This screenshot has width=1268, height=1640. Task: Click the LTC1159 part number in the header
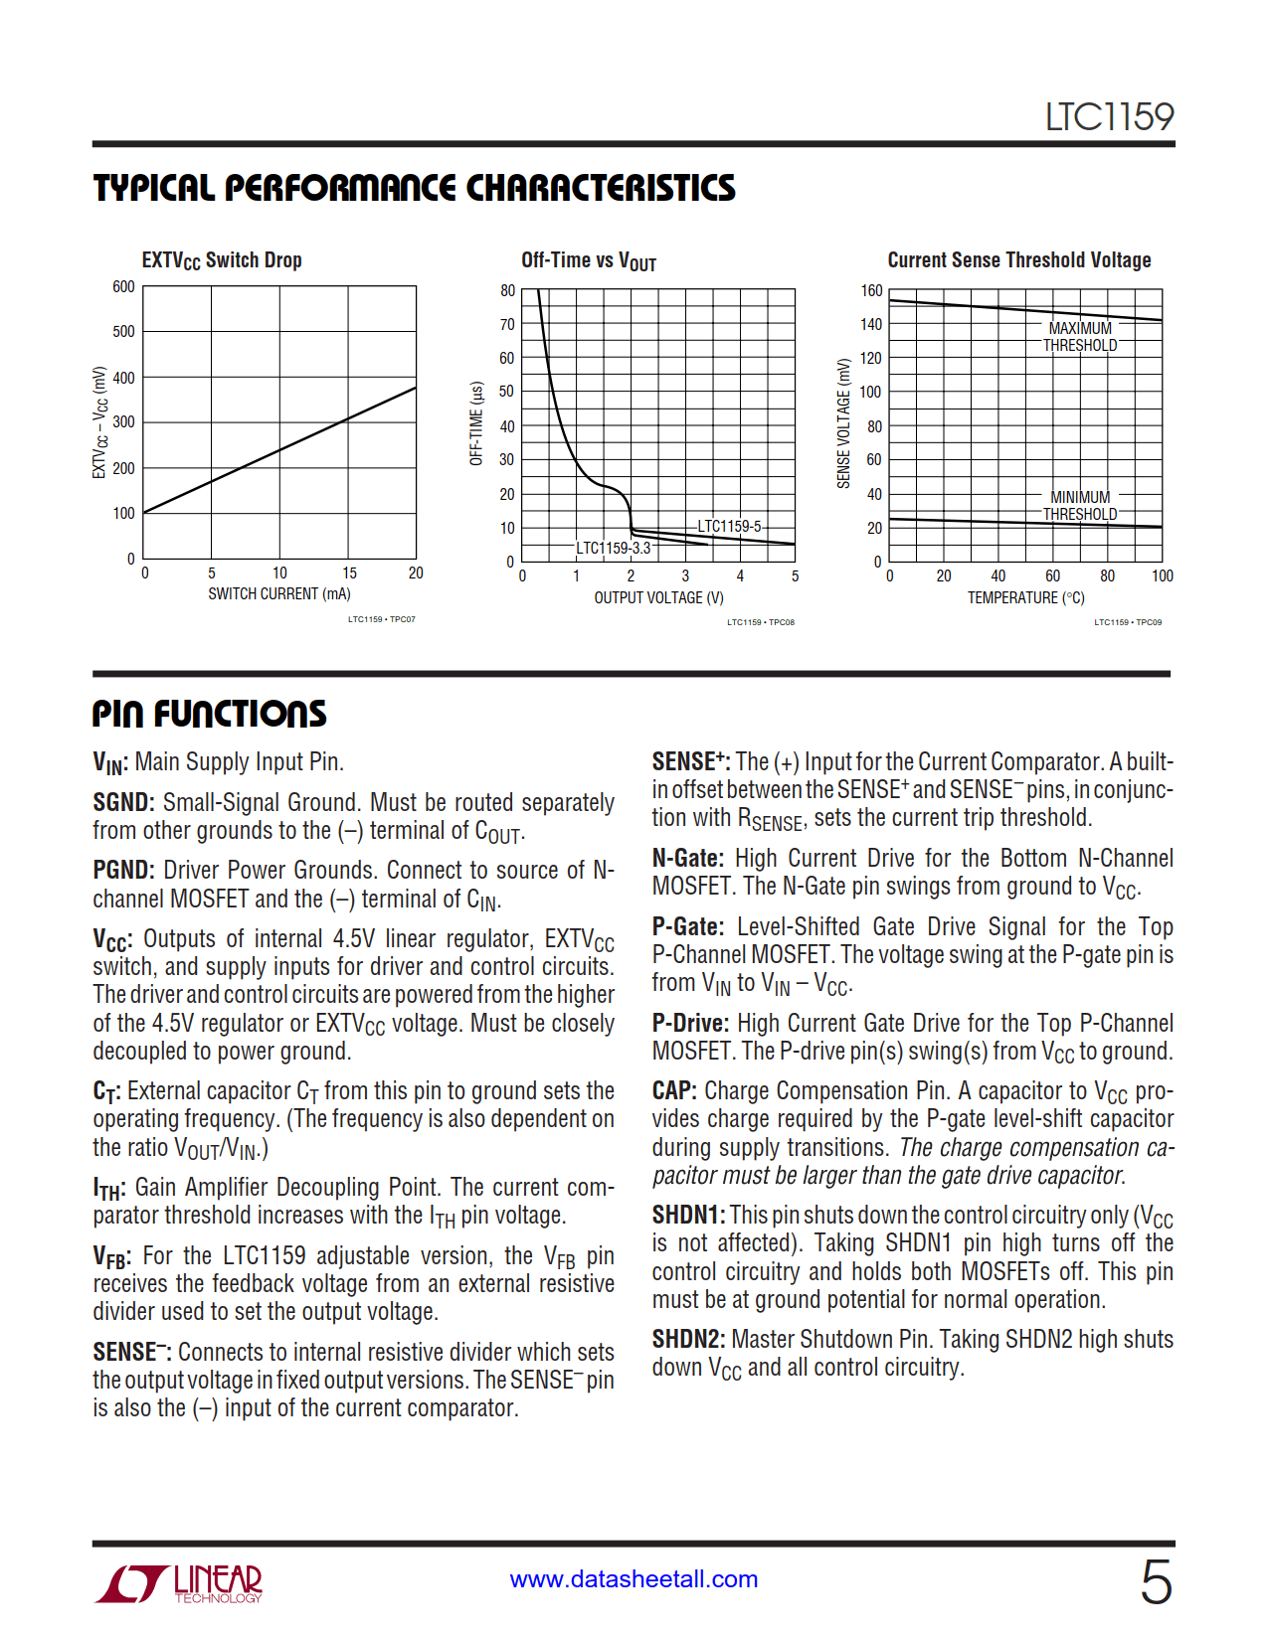pos(1109,117)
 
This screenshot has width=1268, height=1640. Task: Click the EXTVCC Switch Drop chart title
pos(222,260)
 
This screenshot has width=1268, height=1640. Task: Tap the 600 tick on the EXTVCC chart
pos(123,287)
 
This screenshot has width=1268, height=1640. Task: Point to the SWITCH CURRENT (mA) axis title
pos(279,594)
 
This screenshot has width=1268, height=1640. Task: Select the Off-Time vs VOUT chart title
pos(589,260)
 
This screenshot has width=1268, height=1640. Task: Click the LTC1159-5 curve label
pos(729,526)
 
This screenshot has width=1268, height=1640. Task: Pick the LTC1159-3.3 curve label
pos(613,548)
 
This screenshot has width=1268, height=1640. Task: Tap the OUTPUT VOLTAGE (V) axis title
pos(658,598)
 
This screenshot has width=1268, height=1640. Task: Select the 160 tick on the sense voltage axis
pos(871,291)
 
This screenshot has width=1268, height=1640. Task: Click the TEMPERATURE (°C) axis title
pos(1025,598)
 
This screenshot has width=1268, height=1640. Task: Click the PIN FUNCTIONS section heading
pos(210,714)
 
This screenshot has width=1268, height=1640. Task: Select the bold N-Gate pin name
pos(687,859)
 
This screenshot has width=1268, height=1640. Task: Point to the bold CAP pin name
pos(673,1091)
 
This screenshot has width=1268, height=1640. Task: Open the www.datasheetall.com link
pos(634,1579)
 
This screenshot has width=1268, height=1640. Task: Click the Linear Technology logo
pos(180,1583)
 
